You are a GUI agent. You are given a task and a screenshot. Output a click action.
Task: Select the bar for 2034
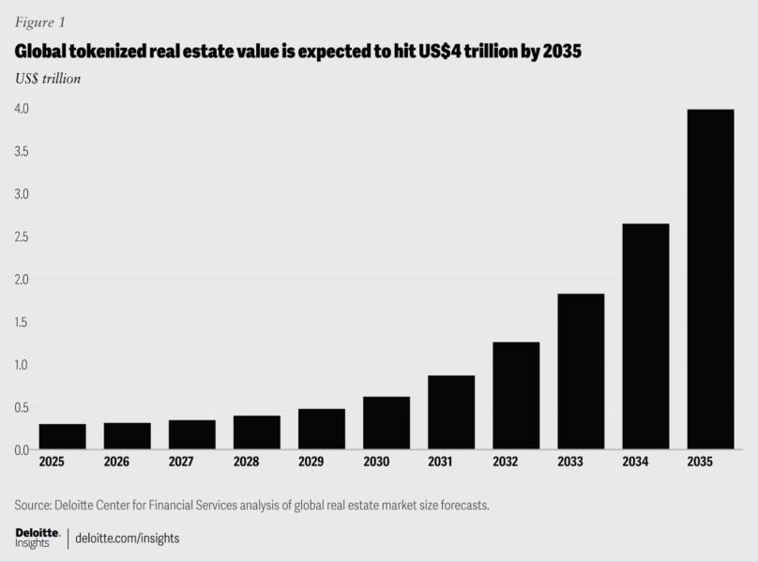(x=645, y=337)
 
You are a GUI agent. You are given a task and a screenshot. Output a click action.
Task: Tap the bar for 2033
(x=581, y=372)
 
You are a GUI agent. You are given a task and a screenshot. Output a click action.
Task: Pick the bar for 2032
(x=516, y=396)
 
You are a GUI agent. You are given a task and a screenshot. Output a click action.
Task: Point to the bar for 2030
(x=387, y=423)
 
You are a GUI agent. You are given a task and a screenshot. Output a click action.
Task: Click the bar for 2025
(x=63, y=437)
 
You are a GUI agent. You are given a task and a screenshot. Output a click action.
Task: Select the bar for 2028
(x=257, y=433)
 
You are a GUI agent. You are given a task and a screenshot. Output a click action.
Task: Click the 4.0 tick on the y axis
(x=21, y=109)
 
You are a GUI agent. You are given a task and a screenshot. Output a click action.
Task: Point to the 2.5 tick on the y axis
(x=21, y=237)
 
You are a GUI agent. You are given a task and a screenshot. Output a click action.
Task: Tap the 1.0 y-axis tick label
(x=21, y=365)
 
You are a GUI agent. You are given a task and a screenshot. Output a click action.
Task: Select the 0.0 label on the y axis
(x=21, y=450)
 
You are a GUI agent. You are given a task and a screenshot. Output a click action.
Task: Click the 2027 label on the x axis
(x=191, y=462)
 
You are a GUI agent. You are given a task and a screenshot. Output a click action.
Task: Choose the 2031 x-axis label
(x=450, y=462)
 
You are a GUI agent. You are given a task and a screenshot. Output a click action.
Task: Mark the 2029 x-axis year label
(x=321, y=462)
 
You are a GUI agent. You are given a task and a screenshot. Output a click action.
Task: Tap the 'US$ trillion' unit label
(x=47, y=79)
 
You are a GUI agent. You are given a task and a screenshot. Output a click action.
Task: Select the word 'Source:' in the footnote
(x=37, y=506)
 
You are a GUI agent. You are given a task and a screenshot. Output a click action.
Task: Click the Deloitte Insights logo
(x=38, y=538)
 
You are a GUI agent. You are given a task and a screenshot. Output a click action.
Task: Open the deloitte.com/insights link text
(x=128, y=539)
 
